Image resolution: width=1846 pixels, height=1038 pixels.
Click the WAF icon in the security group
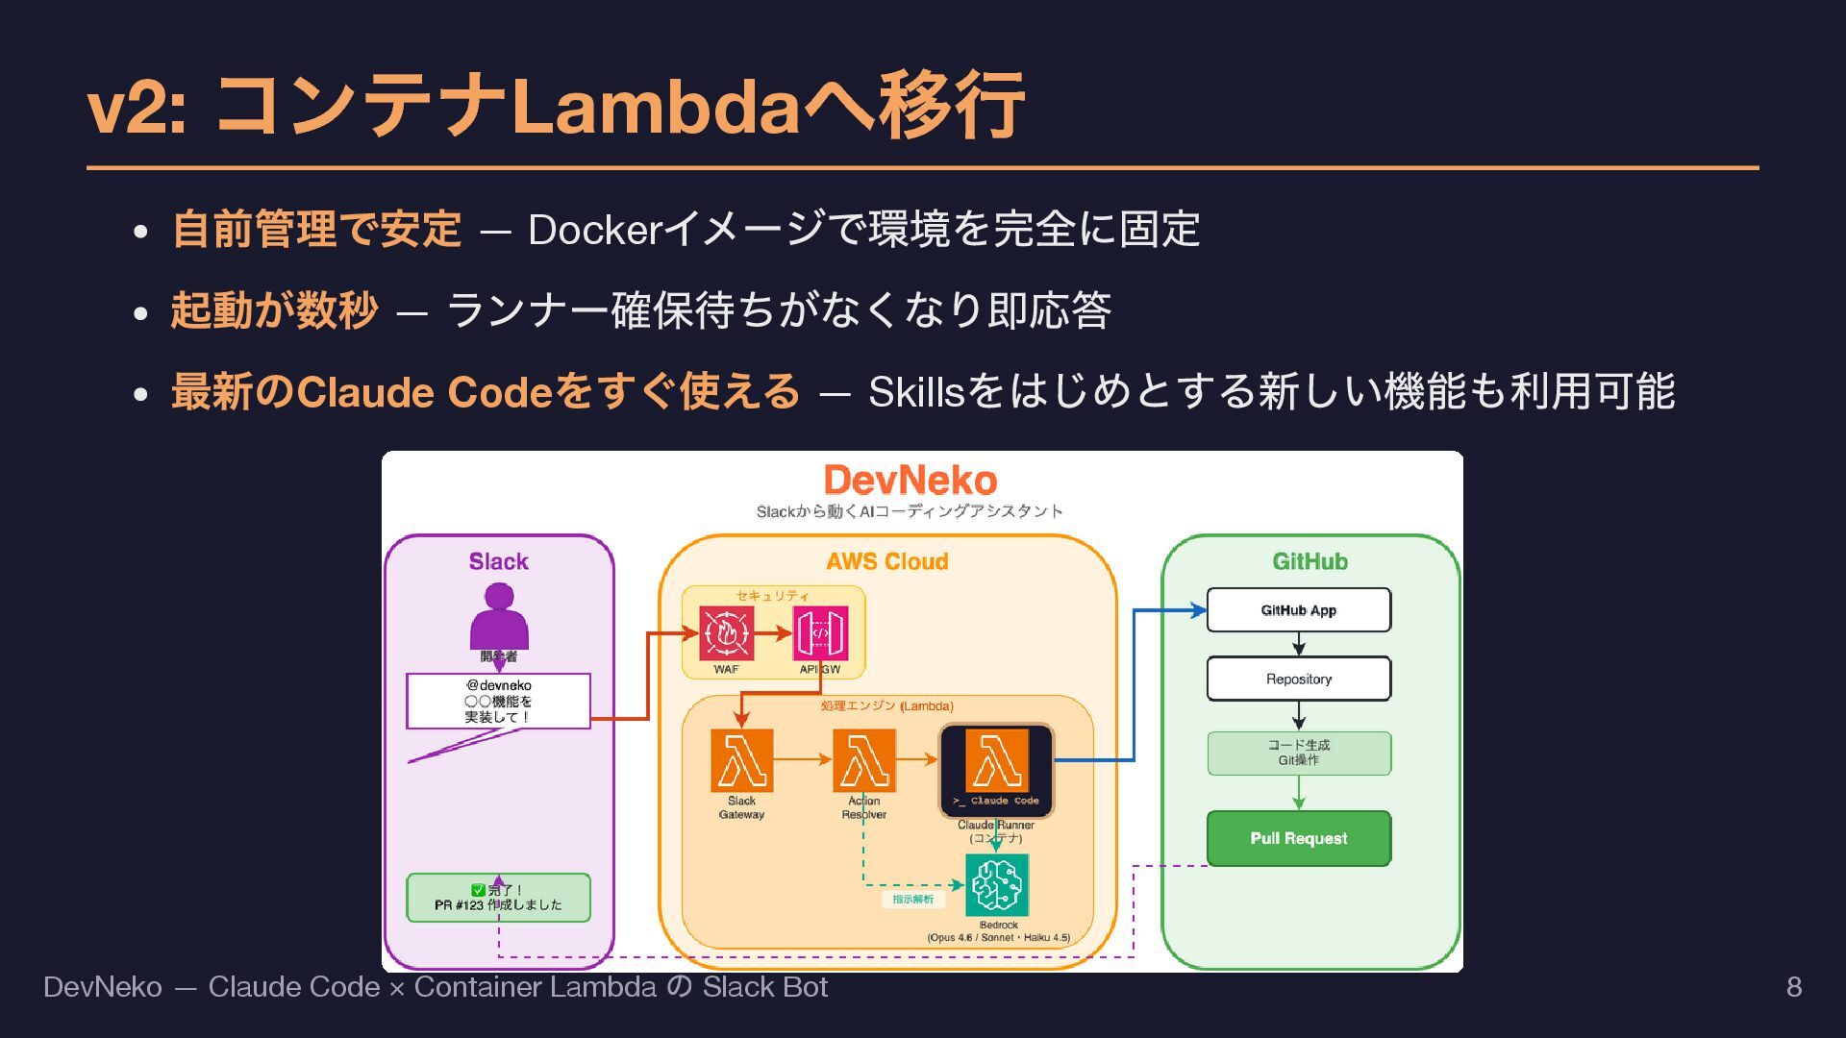coord(726,633)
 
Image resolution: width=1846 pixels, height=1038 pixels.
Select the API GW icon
coord(819,633)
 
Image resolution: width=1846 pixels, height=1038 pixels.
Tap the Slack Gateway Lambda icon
coord(741,759)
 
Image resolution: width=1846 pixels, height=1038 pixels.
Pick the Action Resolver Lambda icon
coord(863,759)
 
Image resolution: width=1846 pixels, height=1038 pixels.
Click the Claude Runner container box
coord(996,770)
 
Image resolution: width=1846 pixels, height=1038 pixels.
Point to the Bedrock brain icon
coord(997,885)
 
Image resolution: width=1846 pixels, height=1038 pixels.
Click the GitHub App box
coord(1298,610)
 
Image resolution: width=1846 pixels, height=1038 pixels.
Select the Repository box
coord(1298,679)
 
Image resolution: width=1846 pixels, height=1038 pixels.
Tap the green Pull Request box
coord(1298,838)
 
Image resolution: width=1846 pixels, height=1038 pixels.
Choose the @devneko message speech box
coord(498,701)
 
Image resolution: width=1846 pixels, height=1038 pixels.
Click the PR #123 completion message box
coord(498,898)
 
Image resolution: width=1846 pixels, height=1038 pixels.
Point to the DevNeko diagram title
coord(911,481)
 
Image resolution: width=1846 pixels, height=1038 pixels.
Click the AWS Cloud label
coord(886,561)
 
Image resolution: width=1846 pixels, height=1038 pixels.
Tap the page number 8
coord(1793,987)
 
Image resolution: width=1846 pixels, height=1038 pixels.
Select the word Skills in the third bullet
coord(915,392)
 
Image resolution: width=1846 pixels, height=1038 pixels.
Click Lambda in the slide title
coord(657,106)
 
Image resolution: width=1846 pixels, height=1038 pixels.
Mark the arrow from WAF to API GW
coord(773,634)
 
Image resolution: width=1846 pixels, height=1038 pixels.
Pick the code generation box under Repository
coord(1298,753)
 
